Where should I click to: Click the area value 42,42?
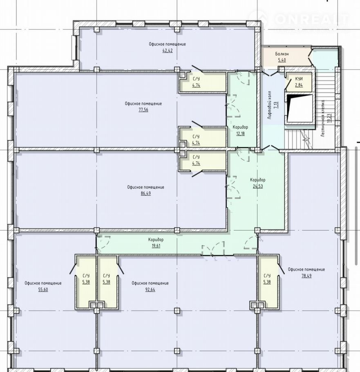click(168, 50)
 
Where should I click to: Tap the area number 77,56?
click(143, 110)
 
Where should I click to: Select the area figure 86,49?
click(145, 193)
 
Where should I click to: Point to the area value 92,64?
click(150, 289)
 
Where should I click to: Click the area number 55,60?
click(43, 289)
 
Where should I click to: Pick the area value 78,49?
click(306, 276)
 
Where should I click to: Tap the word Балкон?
click(282, 54)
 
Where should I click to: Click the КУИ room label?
click(299, 79)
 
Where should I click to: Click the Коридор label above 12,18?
click(240, 127)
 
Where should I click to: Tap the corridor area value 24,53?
click(258, 186)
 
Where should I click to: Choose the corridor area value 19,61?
click(156, 246)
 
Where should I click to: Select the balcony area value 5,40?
click(282, 60)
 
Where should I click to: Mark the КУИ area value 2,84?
click(299, 85)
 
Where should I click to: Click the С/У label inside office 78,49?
click(267, 276)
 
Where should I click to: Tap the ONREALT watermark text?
click(312, 19)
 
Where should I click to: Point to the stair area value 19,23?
click(329, 118)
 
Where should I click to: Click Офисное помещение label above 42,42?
click(168, 44)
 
